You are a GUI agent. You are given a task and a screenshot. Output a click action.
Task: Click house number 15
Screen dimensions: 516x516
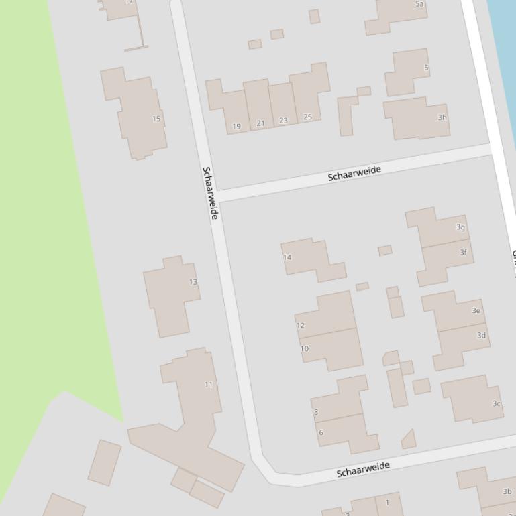(156, 119)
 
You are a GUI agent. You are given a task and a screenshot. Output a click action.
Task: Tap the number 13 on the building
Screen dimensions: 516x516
(193, 282)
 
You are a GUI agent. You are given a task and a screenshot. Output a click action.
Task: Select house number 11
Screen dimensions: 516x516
(209, 385)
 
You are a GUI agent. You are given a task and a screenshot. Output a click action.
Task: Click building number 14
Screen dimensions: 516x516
(287, 257)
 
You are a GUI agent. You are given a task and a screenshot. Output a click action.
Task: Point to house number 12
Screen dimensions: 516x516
(301, 326)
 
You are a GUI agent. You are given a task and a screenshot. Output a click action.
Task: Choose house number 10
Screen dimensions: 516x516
(305, 349)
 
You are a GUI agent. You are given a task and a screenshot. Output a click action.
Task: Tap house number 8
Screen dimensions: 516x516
(316, 412)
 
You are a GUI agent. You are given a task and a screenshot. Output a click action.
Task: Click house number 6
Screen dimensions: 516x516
(321, 432)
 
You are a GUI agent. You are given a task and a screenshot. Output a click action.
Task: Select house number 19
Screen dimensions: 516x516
(236, 126)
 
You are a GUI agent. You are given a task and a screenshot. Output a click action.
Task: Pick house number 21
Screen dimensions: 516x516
(260, 123)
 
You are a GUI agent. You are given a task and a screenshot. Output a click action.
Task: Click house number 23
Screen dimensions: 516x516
(283, 121)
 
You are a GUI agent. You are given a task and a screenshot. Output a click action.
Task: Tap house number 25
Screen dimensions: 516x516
(307, 117)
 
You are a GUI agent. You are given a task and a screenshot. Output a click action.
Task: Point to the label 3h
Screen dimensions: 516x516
(442, 117)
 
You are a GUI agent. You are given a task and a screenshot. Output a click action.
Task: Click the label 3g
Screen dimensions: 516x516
(460, 227)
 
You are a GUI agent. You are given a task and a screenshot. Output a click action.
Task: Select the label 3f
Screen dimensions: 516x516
(463, 253)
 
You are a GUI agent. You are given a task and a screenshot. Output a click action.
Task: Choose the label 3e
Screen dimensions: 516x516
(476, 310)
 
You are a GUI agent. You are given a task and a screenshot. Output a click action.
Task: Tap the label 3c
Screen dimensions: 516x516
(497, 403)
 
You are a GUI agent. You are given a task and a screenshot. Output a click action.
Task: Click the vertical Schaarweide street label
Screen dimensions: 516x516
(210, 193)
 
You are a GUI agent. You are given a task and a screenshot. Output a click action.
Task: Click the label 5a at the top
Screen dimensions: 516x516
(420, 4)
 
